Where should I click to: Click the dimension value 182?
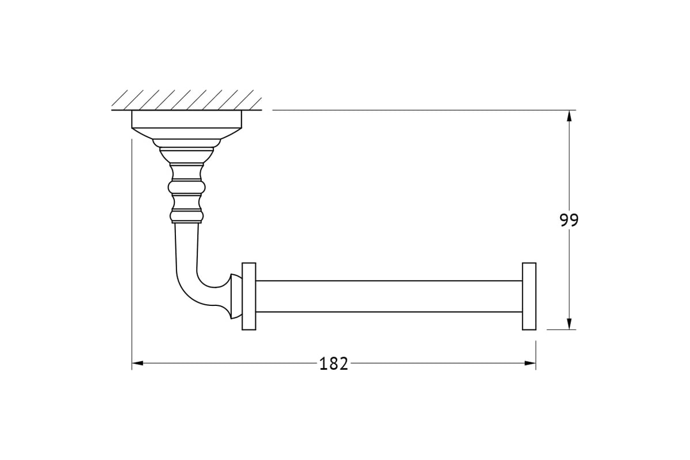(333, 363)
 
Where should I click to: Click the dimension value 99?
(569, 220)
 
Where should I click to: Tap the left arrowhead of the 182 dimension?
(137, 363)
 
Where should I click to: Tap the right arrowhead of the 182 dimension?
(530, 363)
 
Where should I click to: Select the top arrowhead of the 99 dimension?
(569, 116)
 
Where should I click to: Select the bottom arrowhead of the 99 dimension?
(569, 324)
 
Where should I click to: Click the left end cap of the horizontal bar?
(249, 296)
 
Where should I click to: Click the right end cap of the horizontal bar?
(529, 296)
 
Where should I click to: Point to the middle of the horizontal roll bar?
(389, 296)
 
